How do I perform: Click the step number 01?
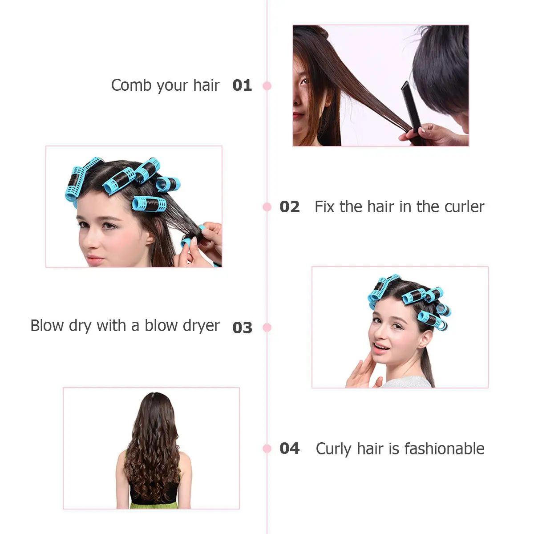[242, 85]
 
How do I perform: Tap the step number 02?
[289, 207]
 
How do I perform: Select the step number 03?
[242, 328]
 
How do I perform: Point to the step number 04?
[289, 449]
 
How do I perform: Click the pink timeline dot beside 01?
[267, 85]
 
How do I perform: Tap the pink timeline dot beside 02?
[267, 207]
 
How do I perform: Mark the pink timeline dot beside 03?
[267, 328]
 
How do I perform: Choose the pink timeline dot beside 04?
[267, 449]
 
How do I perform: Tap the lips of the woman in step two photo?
[95, 259]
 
